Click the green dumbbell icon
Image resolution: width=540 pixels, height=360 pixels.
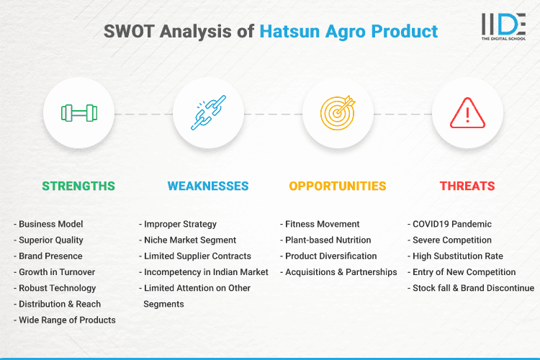78,112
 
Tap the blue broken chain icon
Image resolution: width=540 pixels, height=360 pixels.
208,112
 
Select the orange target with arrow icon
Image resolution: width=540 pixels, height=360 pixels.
338,112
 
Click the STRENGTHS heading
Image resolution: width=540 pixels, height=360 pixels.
78,186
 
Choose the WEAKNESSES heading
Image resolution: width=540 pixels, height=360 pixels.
208,186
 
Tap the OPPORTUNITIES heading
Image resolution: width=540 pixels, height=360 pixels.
338,186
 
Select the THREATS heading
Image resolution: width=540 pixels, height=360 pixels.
467,186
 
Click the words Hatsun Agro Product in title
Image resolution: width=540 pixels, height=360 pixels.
348,32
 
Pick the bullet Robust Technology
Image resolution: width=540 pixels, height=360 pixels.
57,288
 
